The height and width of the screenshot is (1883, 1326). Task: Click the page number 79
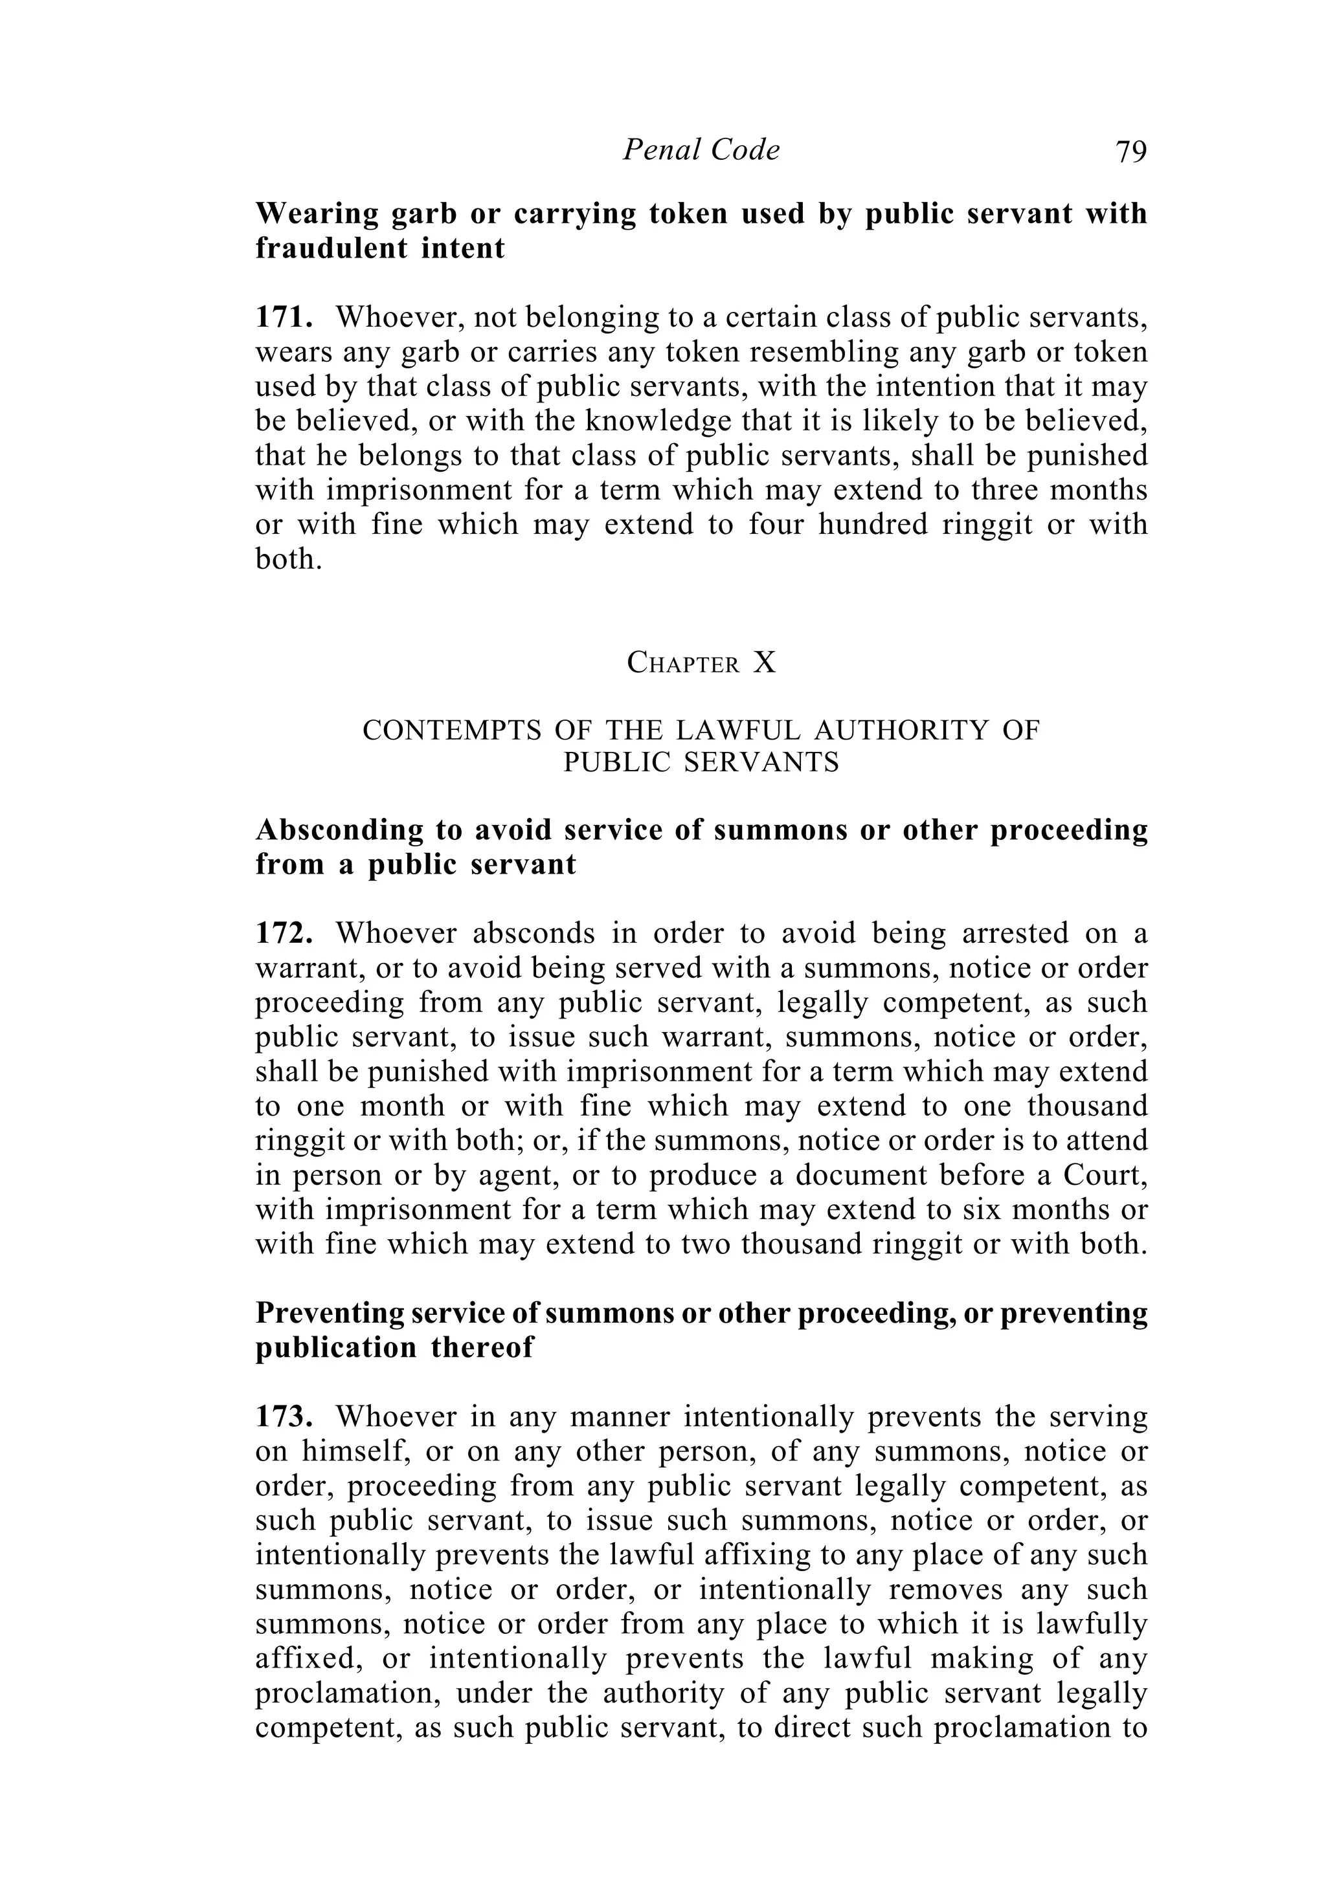point(1130,151)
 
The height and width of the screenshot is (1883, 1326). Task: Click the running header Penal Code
point(701,150)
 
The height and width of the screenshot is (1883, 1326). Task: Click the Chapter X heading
point(701,663)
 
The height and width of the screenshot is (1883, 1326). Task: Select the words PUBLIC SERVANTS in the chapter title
point(701,764)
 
